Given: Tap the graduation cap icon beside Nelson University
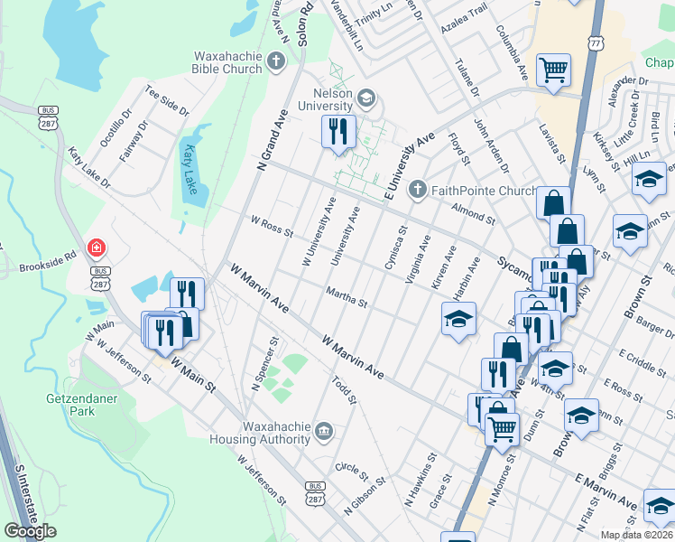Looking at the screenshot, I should [x=366, y=98].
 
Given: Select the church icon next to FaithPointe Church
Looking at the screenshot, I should [x=416, y=190].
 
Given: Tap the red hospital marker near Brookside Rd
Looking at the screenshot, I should [x=95, y=248].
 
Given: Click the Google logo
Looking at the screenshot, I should [x=30, y=531].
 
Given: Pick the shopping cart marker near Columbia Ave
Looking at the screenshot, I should [x=553, y=69].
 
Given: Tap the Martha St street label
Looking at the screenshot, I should [x=347, y=298].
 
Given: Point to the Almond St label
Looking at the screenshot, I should [x=473, y=213].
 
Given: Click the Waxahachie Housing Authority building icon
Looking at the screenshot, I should [x=324, y=433].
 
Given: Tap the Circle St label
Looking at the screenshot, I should [x=351, y=471].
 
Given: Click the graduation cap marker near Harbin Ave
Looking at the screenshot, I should [x=458, y=320].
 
